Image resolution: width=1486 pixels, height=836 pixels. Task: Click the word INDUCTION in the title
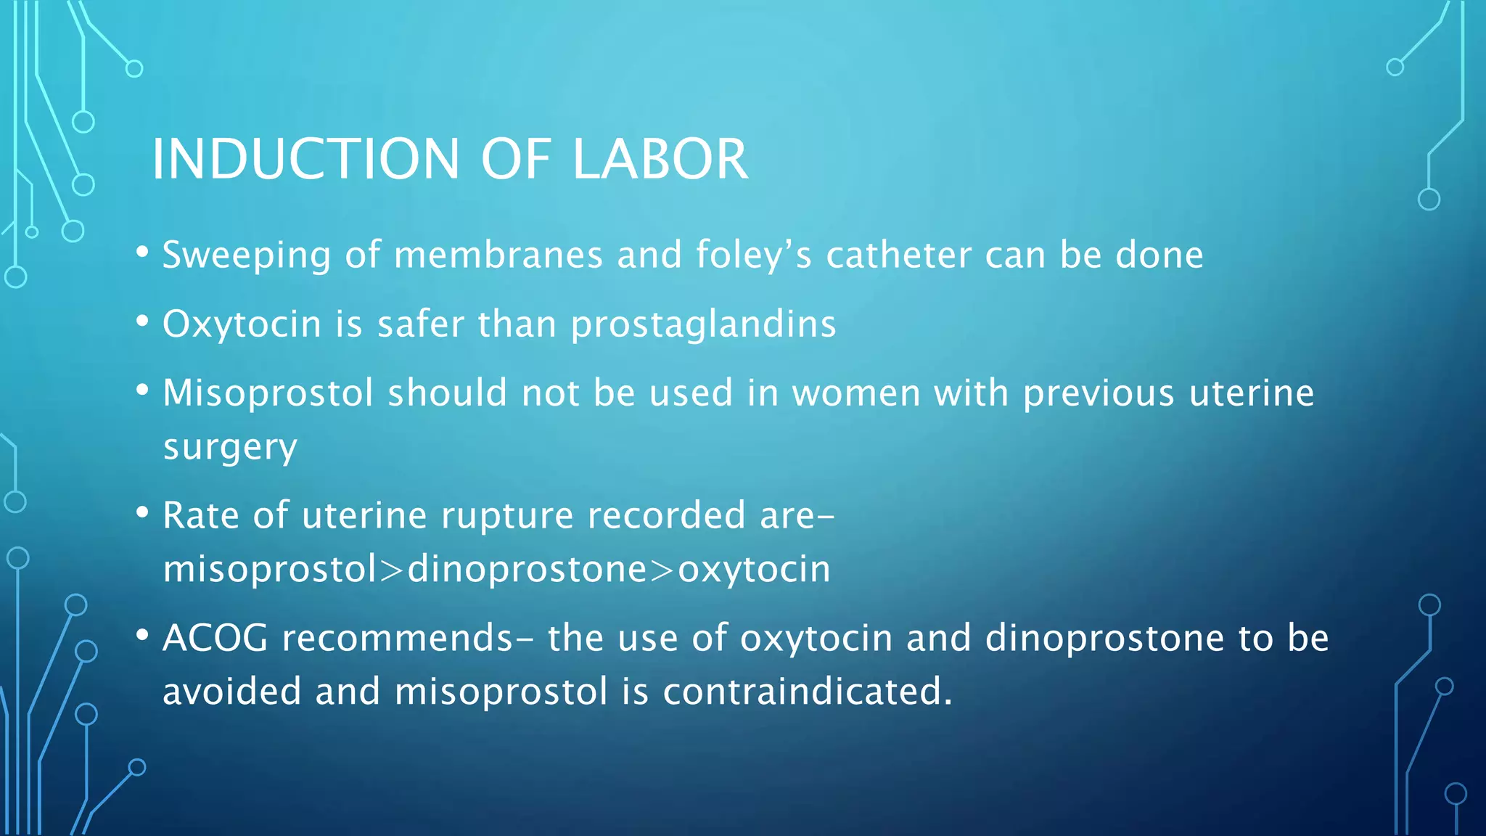tap(305, 159)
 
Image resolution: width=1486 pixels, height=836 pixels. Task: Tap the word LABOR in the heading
tap(660, 159)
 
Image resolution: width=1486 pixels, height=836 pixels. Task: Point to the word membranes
tap(498, 255)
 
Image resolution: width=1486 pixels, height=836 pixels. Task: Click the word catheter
tap(899, 255)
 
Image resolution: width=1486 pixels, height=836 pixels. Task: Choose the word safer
tap(420, 324)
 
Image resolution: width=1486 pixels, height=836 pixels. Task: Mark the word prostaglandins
tap(703, 325)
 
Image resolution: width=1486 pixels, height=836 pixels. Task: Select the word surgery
tap(230, 448)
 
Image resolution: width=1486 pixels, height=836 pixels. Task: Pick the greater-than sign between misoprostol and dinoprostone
tap(391, 570)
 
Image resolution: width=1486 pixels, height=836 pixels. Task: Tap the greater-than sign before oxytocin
tap(662, 570)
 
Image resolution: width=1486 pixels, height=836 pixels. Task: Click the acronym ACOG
tap(215, 639)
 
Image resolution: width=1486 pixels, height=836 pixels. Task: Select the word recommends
tap(398, 639)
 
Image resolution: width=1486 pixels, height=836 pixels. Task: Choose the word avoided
tap(231, 691)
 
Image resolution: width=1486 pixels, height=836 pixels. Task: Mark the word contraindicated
tap(807, 691)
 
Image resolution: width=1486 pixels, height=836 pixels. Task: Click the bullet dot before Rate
tap(142, 514)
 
